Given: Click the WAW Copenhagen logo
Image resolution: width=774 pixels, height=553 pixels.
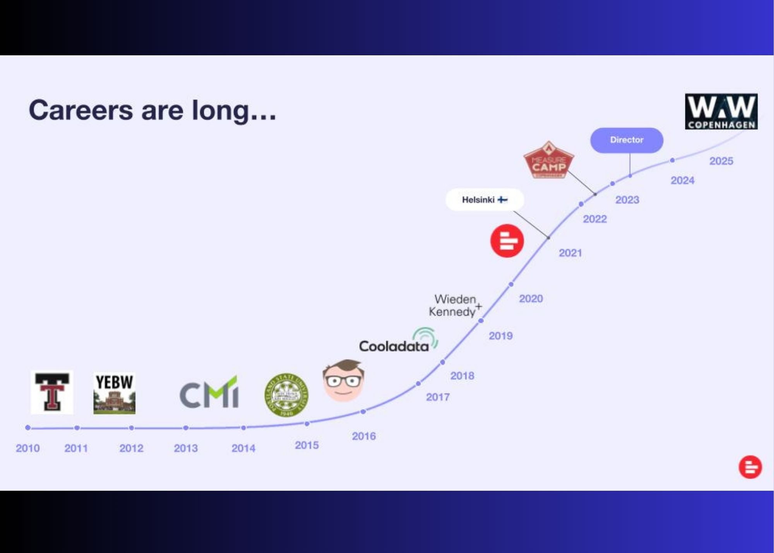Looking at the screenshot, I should coord(721,112).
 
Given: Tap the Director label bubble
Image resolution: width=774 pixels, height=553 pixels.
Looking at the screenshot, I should coord(626,140).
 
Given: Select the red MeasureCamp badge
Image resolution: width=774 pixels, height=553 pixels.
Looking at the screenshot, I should coord(549,161).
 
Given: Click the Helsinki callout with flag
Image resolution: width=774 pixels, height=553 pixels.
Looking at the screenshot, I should coord(485,200).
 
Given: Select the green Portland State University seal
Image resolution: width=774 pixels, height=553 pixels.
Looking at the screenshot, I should coord(286,395).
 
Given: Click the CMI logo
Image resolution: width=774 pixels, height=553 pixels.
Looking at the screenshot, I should coord(209,393).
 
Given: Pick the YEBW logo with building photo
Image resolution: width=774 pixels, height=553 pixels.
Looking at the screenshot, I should coord(114,393).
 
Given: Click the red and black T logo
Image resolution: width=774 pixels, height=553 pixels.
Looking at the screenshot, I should coord(52,392).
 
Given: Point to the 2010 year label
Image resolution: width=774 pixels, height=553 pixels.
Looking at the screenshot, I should coord(27,448).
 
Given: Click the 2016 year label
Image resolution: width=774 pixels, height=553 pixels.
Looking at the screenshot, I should coord(363,436).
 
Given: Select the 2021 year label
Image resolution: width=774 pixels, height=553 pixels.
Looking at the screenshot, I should coord(570,253).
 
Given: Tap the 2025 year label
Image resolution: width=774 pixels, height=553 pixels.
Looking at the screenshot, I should coord(721,161).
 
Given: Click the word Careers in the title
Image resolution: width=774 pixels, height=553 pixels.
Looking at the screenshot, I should coord(80,110).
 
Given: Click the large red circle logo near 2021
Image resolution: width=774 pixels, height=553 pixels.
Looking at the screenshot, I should coord(507,241).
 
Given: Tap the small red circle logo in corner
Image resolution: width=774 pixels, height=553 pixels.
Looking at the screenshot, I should coord(750,467).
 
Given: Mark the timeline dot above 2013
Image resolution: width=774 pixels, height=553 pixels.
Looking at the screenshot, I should coord(186,428).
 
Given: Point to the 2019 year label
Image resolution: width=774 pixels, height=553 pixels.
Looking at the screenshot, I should coord(500,336).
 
